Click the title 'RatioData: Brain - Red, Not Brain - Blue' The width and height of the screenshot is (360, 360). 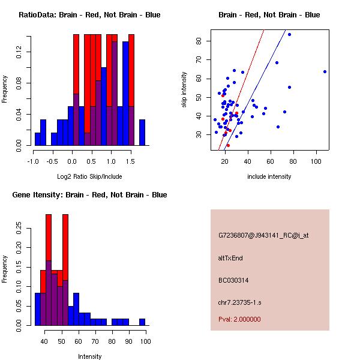click(x=89, y=14)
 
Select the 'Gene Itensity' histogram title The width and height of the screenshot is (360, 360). click(x=89, y=194)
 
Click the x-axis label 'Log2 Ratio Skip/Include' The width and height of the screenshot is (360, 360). click(x=89, y=176)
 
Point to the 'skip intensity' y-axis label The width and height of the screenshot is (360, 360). click(x=184, y=90)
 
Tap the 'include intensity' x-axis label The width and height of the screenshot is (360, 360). click(x=269, y=176)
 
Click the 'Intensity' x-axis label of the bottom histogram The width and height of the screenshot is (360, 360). click(x=89, y=356)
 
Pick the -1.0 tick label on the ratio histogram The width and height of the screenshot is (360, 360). click(x=34, y=161)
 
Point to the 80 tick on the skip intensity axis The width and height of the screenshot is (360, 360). click(x=199, y=41)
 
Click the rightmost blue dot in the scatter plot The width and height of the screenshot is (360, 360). click(x=325, y=71)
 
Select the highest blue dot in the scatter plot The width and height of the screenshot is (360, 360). click(x=289, y=34)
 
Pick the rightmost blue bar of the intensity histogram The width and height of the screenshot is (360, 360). click(x=142, y=322)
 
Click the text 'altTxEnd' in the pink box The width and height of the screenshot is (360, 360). click(x=230, y=258)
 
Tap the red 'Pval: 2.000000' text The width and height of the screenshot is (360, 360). click(x=239, y=319)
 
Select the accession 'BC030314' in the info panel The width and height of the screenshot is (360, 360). click(x=233, y=280)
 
